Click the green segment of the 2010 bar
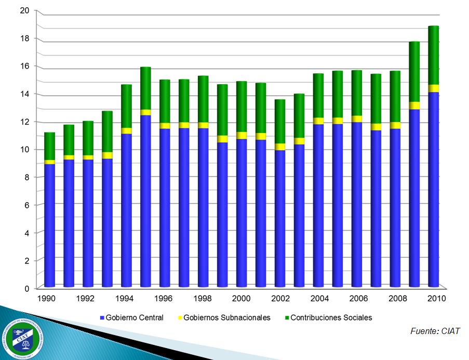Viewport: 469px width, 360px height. tap(434, 55)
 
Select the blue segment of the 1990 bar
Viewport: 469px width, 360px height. tap(50, 224)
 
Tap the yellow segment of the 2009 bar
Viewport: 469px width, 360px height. tap(414, 105)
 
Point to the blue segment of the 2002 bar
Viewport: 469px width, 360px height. tap(280, 218)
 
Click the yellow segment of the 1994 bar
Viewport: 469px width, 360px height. tap(127, 131)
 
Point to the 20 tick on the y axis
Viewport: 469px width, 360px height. tap(24, 10)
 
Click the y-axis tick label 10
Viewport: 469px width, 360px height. tap(24, 150)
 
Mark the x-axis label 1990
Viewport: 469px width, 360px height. tap(47, 299)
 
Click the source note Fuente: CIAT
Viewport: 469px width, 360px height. tap(435, 331)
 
